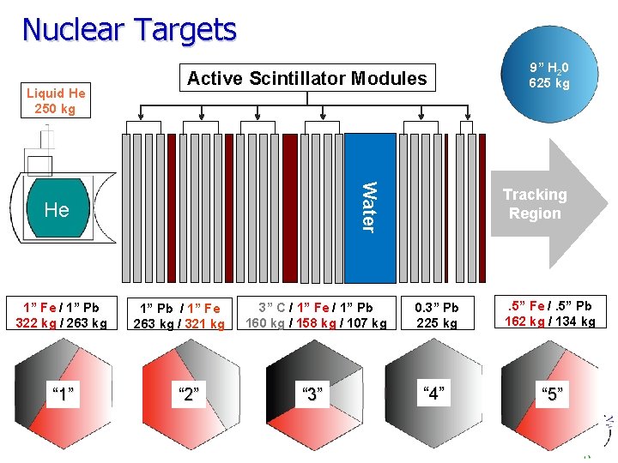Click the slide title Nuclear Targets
click(129, 29)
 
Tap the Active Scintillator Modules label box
click(306, 79)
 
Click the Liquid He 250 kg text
click(56, 101)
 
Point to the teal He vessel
click(57, 208)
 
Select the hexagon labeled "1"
click(61, 394)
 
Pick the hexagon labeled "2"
click(188, 394)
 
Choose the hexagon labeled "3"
click(313, 394)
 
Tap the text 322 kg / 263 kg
click(61, 323)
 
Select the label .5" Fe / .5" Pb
click(549, 306)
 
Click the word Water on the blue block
click(367, 206)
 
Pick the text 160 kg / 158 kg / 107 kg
click(315, 323)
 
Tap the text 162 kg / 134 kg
click(549, 322)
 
